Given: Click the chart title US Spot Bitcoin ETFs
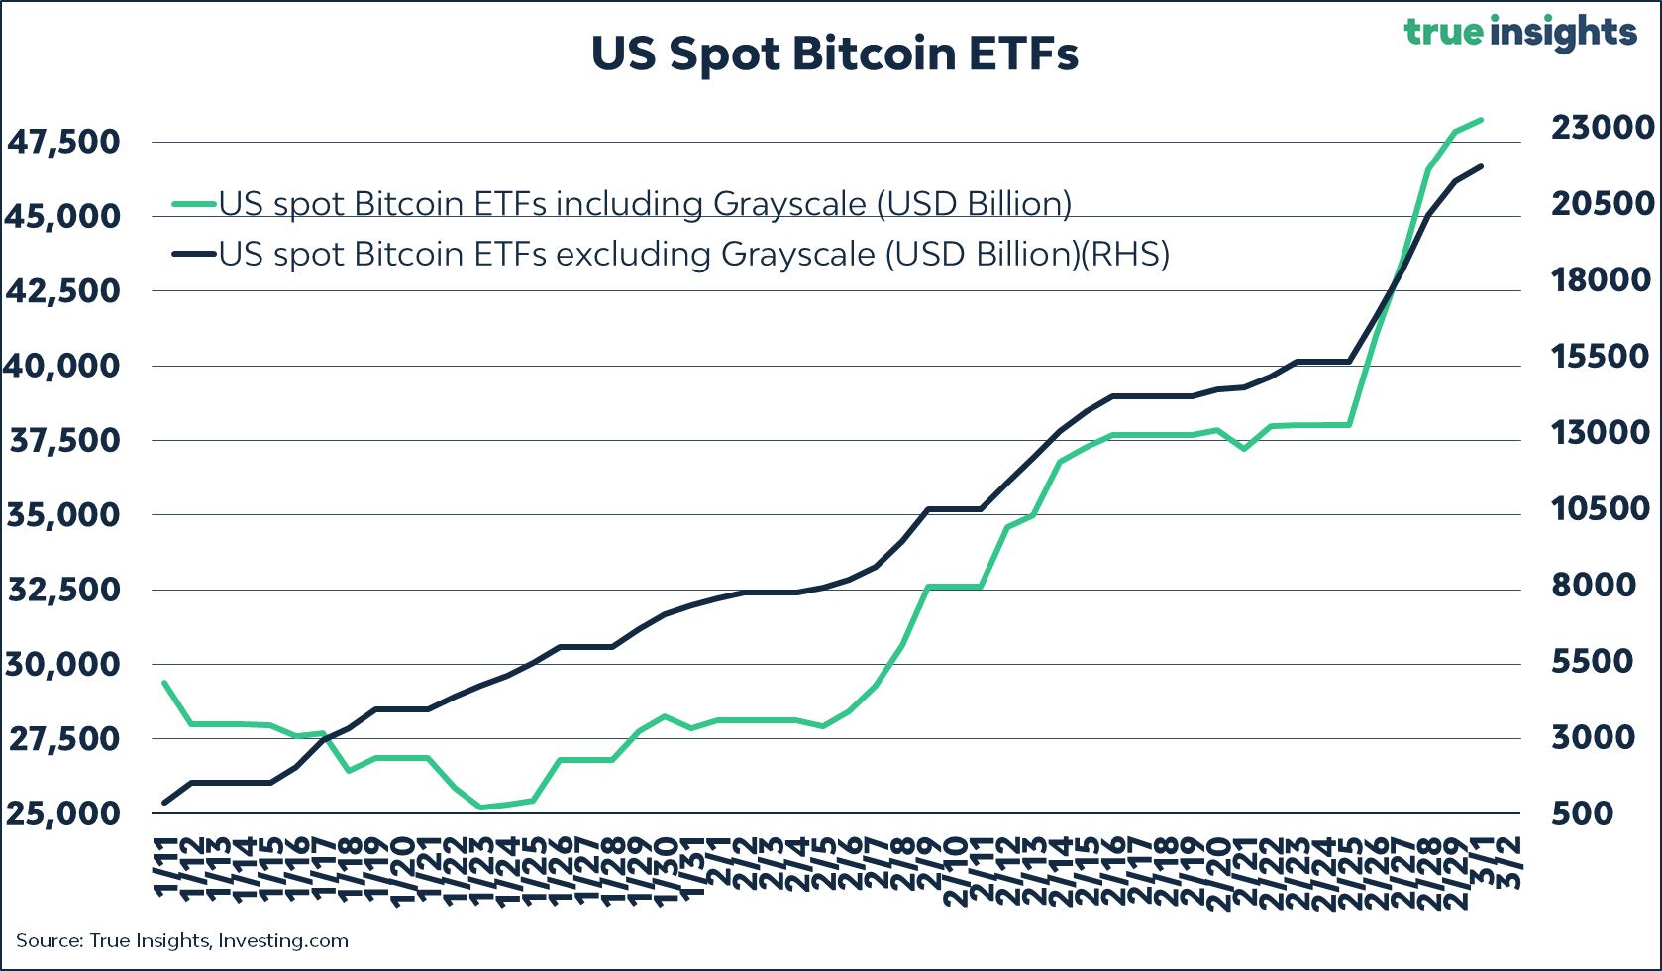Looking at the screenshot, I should pos(834,54).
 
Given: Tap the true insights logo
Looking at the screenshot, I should pos(1519,33).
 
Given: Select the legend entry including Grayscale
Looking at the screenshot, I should pos(644,204).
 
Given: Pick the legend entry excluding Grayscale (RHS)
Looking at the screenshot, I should pos(693,255).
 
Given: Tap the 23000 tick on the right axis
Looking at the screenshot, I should pos(1602,128).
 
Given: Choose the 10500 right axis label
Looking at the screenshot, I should pos(1602,509).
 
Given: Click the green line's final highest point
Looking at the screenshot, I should pos(1481,120).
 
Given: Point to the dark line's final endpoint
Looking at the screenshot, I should pos(1481,166).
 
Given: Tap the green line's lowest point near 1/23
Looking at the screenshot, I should pos(481,808).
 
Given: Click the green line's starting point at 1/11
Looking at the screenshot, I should pos(165,683).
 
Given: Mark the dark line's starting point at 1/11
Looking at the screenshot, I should pos(165,803).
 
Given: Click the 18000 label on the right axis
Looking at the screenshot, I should pos(1602,280).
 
